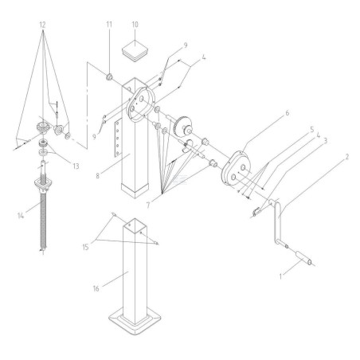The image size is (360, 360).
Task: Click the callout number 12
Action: (42, 25)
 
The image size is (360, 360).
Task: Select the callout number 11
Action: (109, 25)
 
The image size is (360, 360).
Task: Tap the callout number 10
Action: (135, 25)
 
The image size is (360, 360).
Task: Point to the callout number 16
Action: (96, 288)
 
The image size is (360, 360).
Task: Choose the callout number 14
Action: (21, 216)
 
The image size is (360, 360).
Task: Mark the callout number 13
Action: (76, 166)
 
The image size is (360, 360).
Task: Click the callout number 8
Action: (97, 176)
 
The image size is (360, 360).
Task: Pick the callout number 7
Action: (148, 205)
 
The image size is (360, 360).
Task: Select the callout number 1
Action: (280, 276)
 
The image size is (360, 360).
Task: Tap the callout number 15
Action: (85, 247)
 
